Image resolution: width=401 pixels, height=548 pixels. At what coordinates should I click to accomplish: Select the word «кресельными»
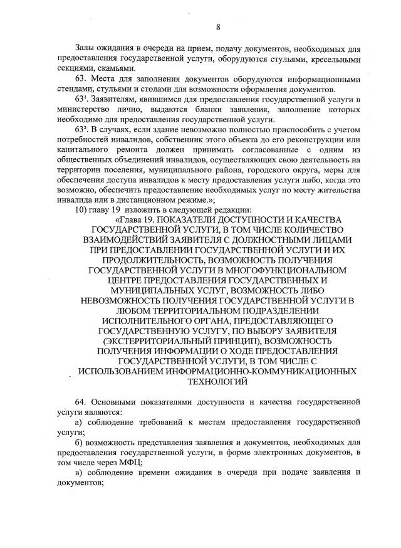tap(338, 59)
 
